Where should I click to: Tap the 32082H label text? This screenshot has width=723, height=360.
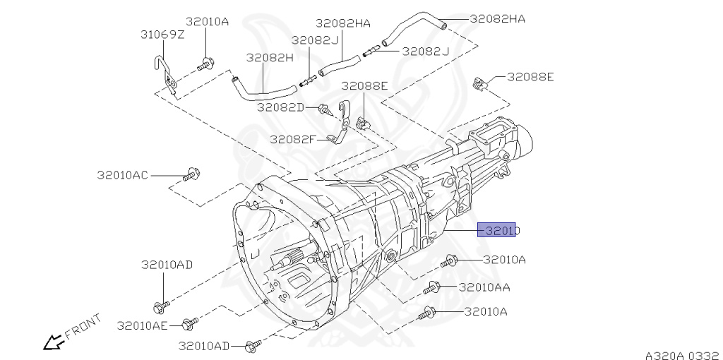tap(269, 57)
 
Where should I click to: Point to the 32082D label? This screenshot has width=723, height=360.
tap(280, 107)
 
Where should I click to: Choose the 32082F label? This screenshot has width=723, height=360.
tap(293, 139)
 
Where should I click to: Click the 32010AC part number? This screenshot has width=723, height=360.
tap(122, 174)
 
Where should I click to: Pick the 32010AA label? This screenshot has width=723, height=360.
tap(484, 287)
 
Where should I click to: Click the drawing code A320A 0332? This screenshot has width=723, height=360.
tap(682, 351)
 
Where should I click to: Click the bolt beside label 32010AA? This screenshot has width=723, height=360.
tap(433, 288)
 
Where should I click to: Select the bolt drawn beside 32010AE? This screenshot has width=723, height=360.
tap(188, 325)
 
